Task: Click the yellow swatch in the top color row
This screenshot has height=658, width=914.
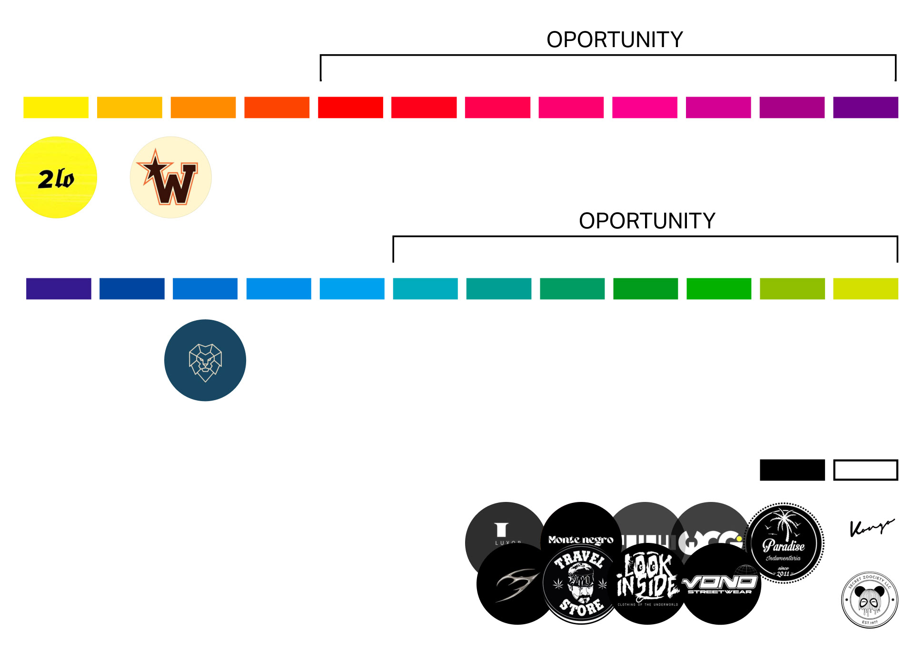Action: point(56,108)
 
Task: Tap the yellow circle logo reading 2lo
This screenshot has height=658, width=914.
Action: point(56,177)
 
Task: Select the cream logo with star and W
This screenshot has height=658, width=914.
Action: point(170,177)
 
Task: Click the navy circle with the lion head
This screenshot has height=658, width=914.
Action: point(205,360)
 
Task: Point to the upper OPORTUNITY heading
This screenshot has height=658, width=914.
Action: point(615,39)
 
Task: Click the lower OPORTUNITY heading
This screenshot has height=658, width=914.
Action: point(647,221)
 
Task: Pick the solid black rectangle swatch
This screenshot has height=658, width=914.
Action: point(792,470)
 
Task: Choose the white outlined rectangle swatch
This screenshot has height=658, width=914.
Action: point(865,470)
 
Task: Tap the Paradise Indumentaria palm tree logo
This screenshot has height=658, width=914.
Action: point(784,543)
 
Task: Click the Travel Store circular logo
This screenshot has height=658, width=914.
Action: point(581,584)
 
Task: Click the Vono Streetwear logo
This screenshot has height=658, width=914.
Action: point(721,584)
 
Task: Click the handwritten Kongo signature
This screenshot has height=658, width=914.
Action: point(871,527)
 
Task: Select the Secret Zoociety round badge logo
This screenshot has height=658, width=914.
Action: point(870,600)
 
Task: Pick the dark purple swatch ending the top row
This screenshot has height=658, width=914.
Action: point(865,108)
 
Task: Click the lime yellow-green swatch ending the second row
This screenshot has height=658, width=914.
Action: point(865,289)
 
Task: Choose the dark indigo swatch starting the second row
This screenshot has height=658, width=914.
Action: point(59,289)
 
